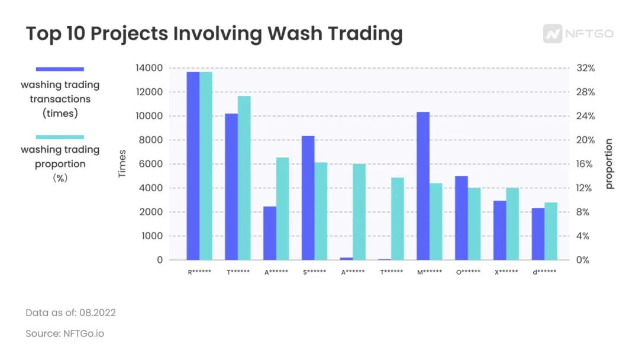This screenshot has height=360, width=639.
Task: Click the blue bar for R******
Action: (x=193, y=166)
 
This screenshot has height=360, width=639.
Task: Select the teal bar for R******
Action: (x=206, y=166)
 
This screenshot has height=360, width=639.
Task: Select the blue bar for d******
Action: (x=538, y=234)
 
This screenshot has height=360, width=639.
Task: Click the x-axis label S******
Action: (x=314, y=272)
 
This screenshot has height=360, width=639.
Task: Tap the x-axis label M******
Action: (x=429, y=272)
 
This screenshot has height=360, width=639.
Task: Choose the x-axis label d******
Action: (x=544, y=272)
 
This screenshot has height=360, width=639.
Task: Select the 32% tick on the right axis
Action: (x=586, y=68)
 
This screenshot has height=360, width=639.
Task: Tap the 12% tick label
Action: (x=586, y=188)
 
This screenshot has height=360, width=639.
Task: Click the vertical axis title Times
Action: (x=122, y=164)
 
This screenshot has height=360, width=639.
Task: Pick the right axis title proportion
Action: (x=609, y=164)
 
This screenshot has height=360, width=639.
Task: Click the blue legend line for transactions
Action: (x=60, y=69)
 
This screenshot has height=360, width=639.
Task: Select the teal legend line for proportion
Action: (x=60, y=137)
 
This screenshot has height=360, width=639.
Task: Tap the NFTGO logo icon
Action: (x=553, y=34)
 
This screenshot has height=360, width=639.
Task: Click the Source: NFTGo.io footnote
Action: (x=64, y=333)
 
